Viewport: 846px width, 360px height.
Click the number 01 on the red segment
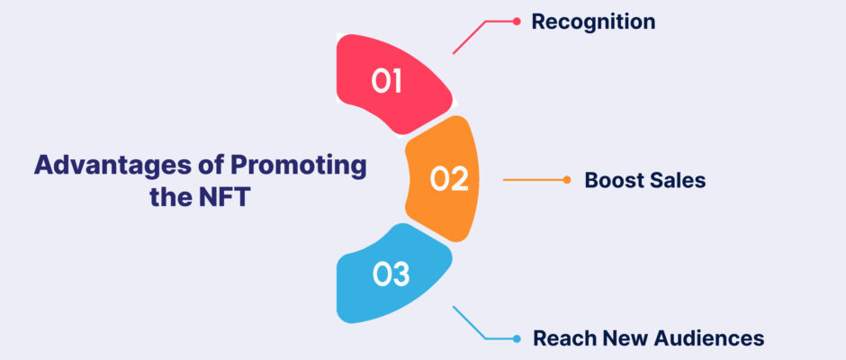coord(386,82)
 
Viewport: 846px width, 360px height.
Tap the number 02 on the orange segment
coord(449,179)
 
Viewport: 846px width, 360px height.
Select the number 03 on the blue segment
coord(391,274)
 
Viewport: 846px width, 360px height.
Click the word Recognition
coord(593,22)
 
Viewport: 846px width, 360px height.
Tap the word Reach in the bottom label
coord(563,338)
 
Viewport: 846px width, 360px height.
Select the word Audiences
coord(709,338)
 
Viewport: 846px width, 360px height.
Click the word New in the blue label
coord(625,338)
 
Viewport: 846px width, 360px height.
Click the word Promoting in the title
coord(299,166)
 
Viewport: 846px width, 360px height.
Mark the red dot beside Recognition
coord(517,22)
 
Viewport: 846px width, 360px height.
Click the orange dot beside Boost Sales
coord(566,180)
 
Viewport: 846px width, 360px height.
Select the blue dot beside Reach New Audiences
coord(517,339)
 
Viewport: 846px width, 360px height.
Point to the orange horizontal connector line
coord(534,180)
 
